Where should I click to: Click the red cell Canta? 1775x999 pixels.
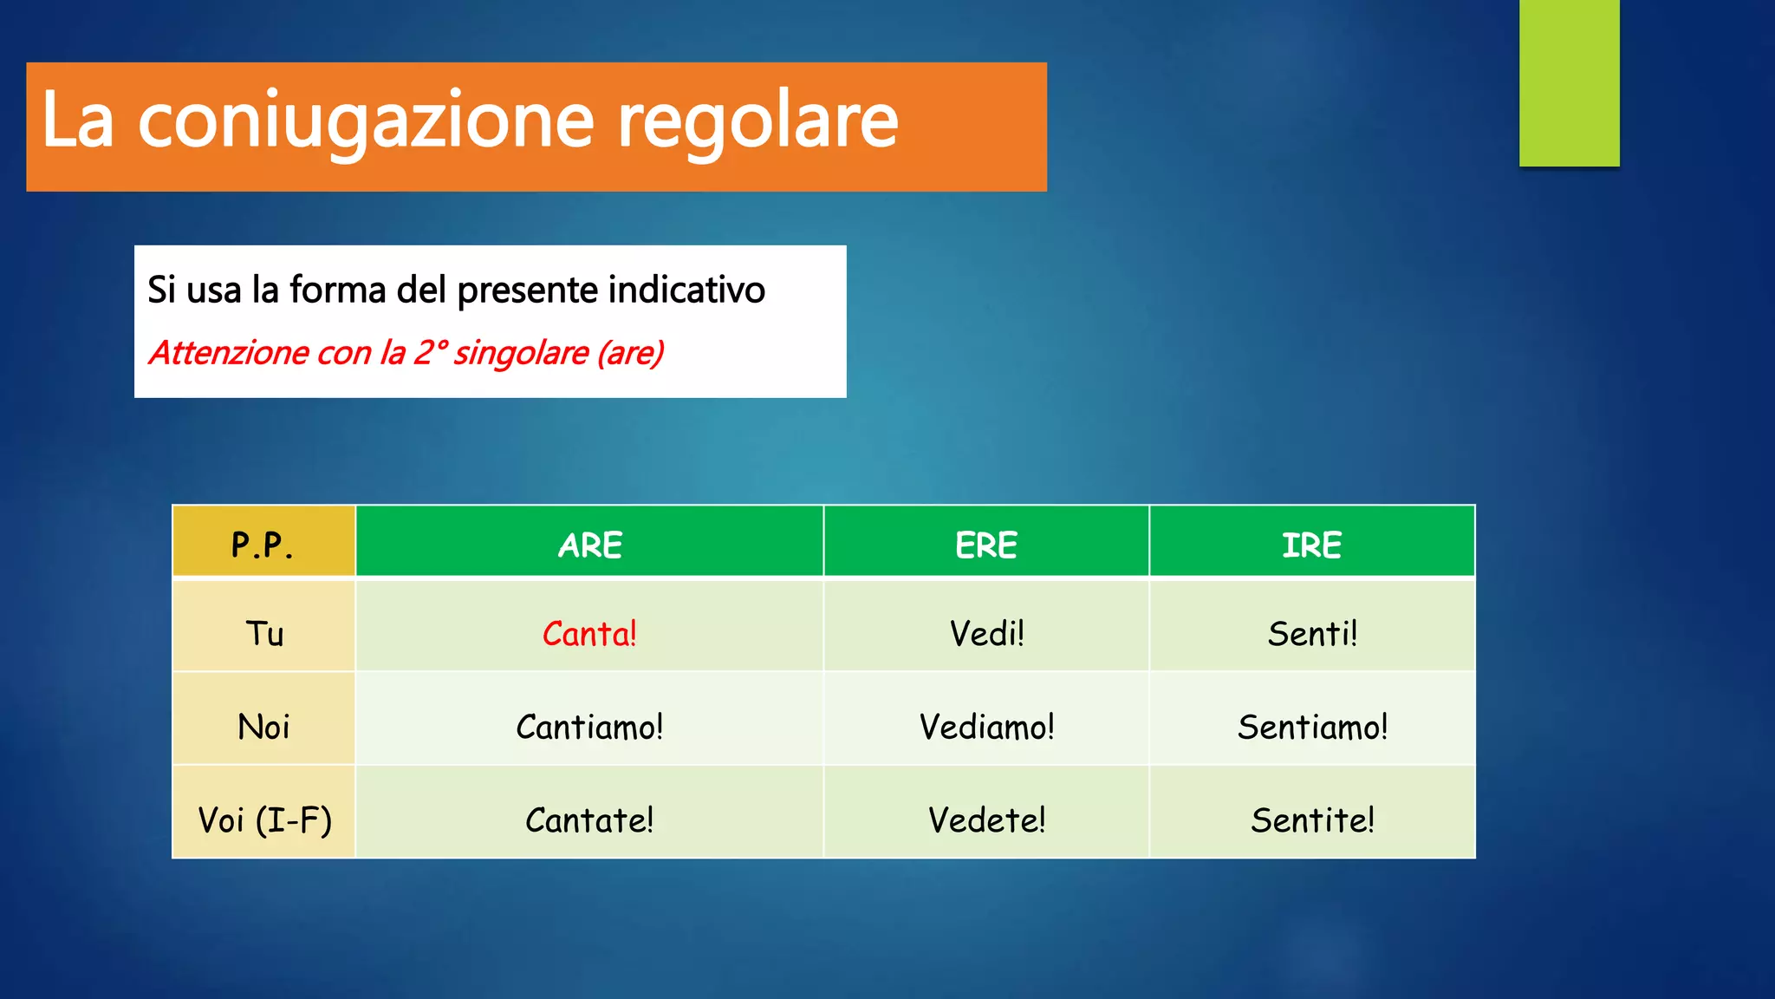(589, 634)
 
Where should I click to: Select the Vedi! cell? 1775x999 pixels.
(986, 634)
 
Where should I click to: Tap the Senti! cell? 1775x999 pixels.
(1312, 634)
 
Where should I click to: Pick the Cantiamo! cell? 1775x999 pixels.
(589, 727)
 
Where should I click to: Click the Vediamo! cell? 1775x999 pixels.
(986, 727)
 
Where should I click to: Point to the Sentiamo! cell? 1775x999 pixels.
(1312, 727)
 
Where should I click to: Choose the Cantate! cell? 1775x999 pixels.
(589, 819)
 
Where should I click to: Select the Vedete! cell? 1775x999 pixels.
(986, 819)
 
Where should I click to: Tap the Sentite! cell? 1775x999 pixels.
(1312, 819)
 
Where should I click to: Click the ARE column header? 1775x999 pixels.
(589, 545)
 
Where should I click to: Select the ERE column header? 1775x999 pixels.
(986, 545)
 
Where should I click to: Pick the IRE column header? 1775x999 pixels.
(1312, 545)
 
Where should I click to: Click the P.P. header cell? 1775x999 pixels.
(263, 545)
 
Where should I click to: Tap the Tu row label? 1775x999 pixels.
(263, 634)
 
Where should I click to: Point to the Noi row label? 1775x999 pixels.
(263, 727)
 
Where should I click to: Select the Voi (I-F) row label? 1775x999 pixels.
(263, 819)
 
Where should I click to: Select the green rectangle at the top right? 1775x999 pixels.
(1569, 82)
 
